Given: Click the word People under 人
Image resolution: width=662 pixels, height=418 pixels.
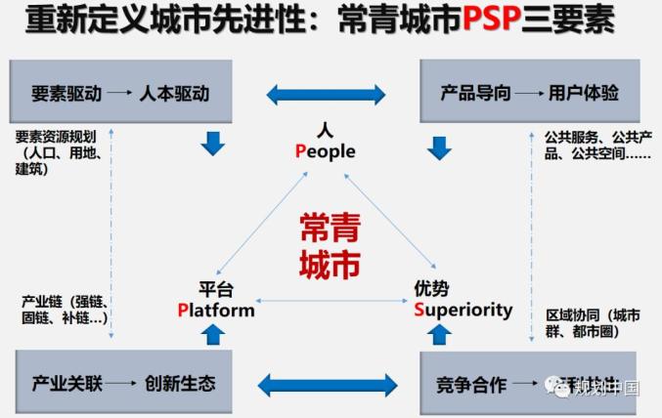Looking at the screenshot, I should point(326,151).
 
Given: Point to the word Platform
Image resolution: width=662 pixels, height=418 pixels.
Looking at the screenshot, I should point(216,310).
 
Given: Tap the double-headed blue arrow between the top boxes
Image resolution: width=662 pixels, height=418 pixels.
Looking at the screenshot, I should point(326,95).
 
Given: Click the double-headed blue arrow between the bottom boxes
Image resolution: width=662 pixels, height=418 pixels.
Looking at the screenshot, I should point(327,382).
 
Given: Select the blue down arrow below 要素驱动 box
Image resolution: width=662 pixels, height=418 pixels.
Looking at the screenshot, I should point(212,145).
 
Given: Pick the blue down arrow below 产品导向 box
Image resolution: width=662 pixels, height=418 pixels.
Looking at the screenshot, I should point(439,147).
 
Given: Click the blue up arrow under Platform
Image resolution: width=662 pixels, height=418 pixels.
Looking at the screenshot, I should point(212,334).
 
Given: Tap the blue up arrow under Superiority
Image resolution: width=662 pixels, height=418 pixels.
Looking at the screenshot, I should point(439,334).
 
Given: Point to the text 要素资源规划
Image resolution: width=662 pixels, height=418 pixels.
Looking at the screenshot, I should point(55,138).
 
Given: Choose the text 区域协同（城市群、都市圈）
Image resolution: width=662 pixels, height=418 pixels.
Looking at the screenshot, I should point(593,323).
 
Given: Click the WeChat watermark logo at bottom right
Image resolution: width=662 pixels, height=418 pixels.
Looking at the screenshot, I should point(564,388).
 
